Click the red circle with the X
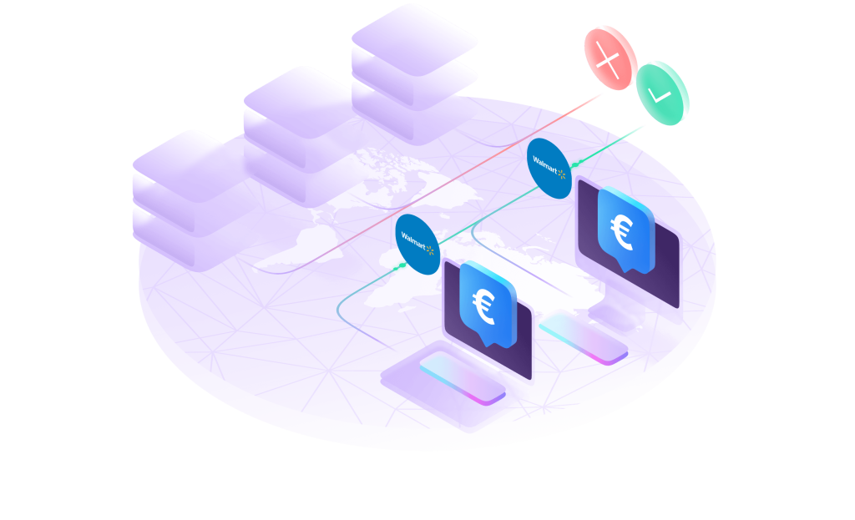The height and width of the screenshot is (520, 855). (610, 58)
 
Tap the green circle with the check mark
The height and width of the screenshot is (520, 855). (663, 93)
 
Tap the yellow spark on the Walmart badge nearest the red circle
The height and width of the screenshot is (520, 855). (562, 175)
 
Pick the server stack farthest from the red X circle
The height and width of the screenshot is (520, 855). (195, 200)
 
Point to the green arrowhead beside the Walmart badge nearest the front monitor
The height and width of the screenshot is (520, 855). (404, 265)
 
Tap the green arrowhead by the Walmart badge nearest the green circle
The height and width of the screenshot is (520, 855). (579, 154)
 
